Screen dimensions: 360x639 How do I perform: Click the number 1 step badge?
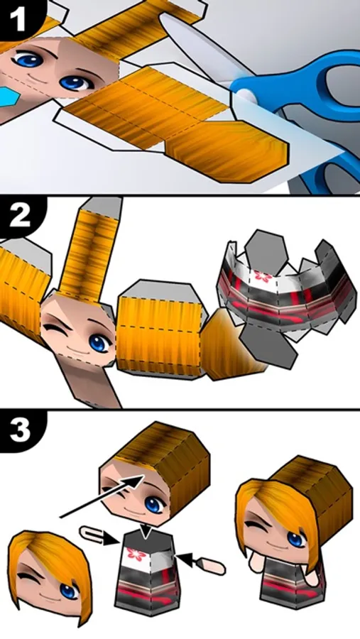(18, 18)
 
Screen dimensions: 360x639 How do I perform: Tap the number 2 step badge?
(19, 217)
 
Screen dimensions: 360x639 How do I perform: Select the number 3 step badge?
(20, 430)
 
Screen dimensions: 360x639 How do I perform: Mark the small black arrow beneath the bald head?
(146, 530)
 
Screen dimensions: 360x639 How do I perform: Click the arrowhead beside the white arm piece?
(111, 540)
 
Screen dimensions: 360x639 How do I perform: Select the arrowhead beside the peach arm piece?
(182, 559)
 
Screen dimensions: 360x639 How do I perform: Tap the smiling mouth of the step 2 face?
(75, 349)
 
